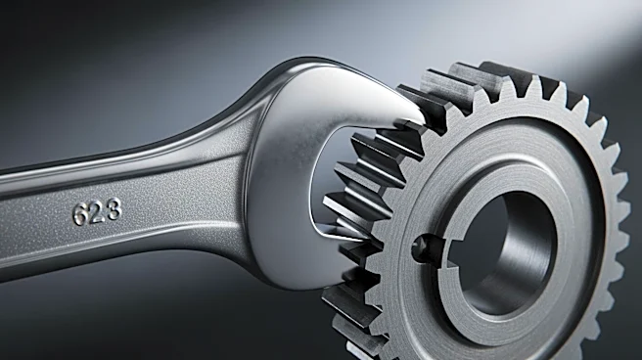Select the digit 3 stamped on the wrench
pyautogui.click(x=114, y=208)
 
